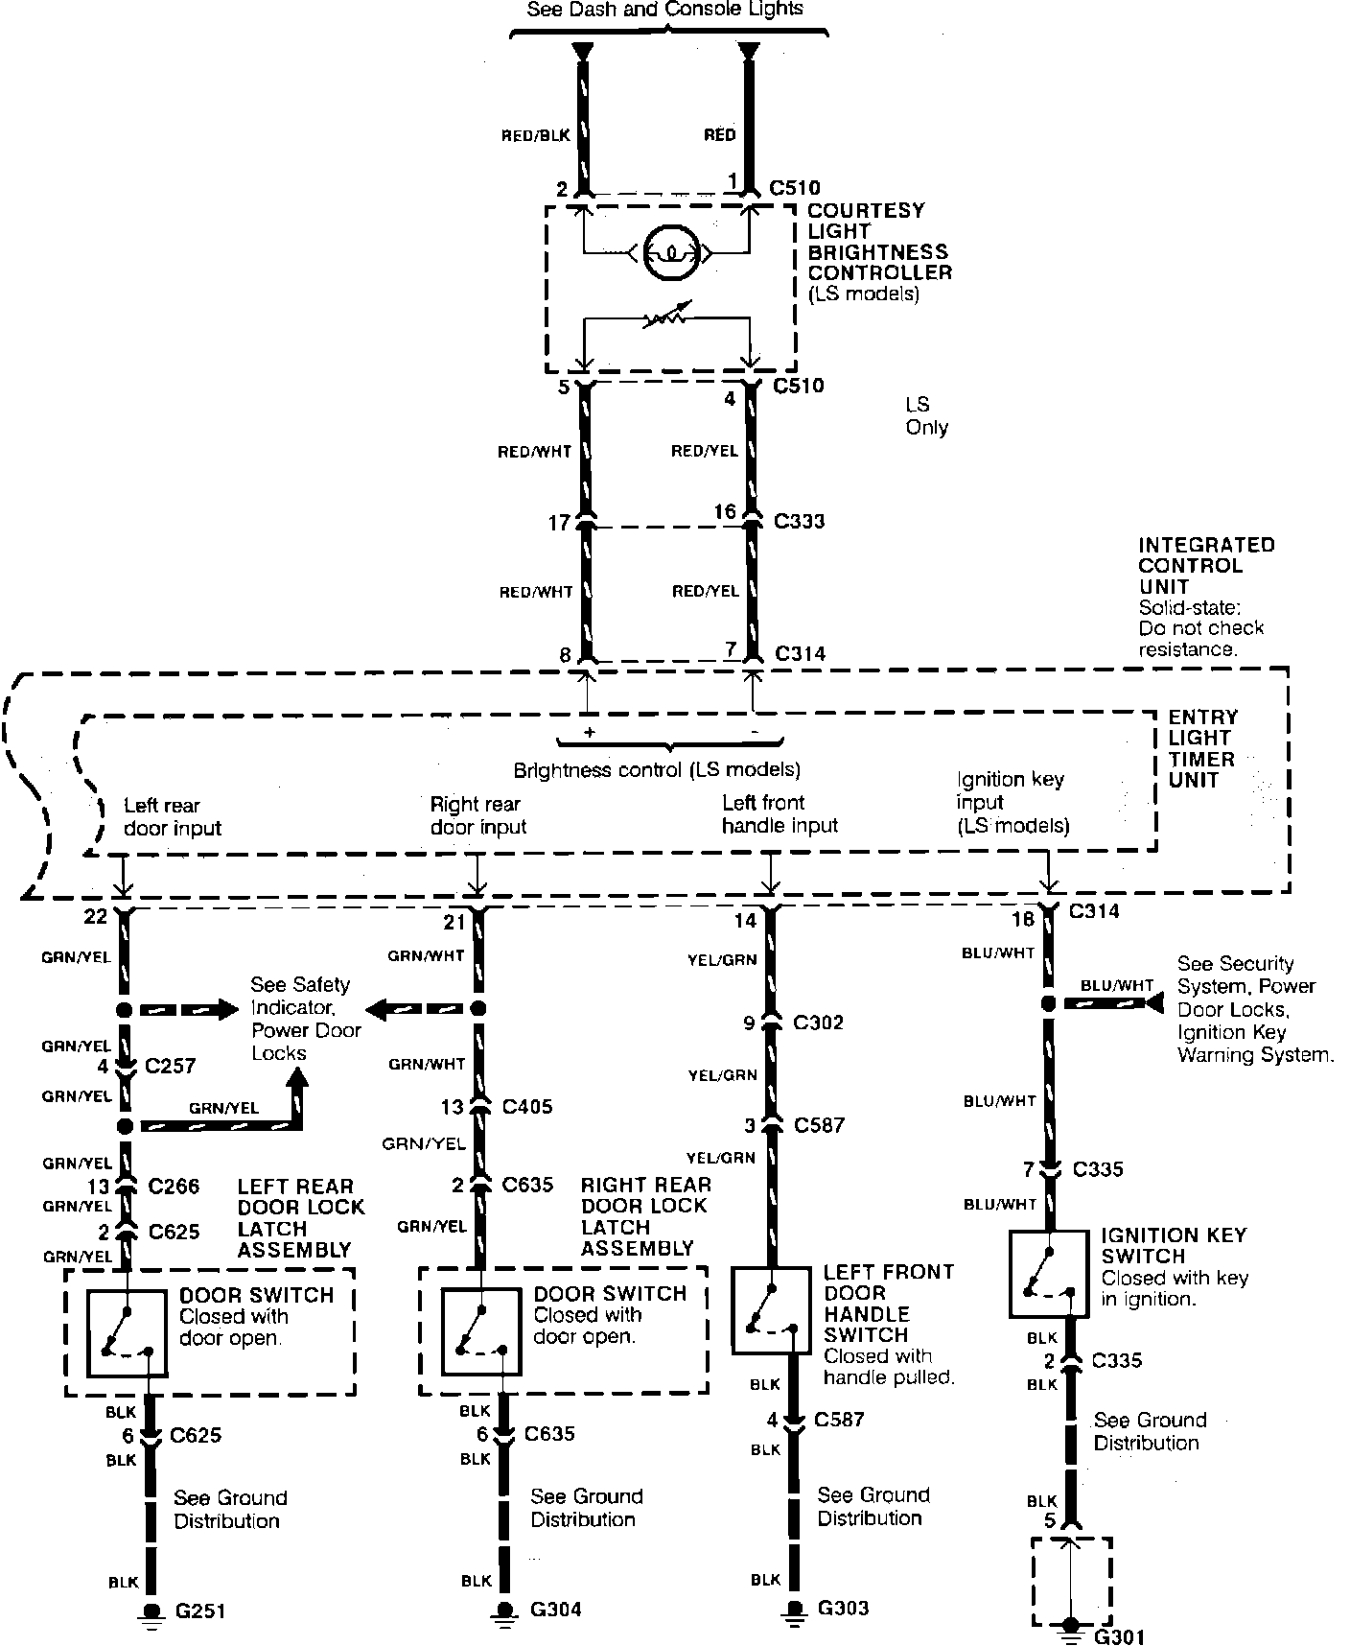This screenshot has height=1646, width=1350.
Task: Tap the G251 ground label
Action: coord(199,1611)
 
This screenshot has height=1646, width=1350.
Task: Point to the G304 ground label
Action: coord(555,1609)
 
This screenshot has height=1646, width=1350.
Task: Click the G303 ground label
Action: coord(843,1608)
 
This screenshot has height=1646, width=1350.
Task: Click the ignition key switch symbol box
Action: coord(1050,1275)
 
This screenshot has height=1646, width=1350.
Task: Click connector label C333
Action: coord(799,522)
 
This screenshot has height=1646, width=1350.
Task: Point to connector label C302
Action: coord(818,1023)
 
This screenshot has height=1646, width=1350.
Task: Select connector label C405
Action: coord(527,1107)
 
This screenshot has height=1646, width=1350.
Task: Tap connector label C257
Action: coord(171,1066)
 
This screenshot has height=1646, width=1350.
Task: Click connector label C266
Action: coord(174,1187)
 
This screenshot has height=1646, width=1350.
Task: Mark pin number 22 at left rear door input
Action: coord(95,917)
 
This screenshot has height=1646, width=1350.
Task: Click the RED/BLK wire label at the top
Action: coord(535,136)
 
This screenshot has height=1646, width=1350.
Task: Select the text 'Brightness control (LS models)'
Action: coord(657,770)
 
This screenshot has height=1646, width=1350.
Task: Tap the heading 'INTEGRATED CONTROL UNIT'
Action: coord(1206,565)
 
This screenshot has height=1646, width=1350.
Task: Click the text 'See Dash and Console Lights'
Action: coord(665,10)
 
